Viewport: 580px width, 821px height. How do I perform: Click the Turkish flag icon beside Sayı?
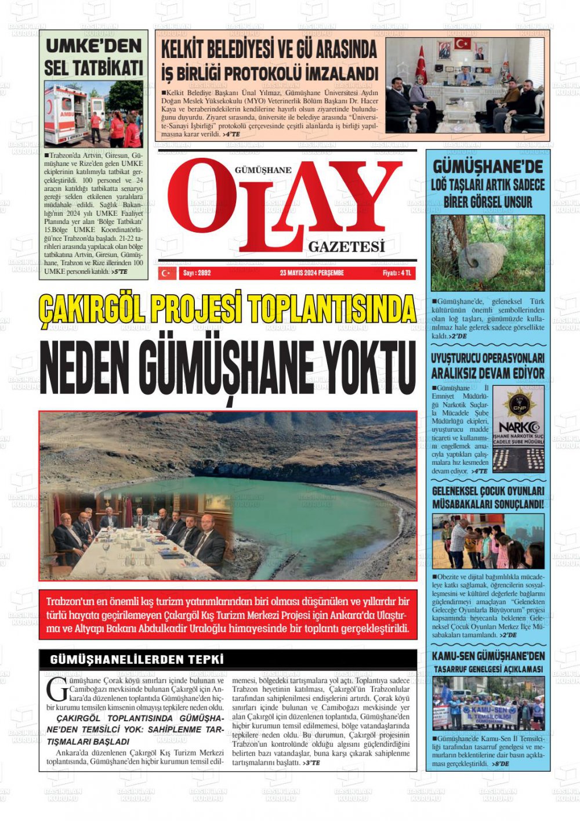pyautogui.click(x=167, y=273)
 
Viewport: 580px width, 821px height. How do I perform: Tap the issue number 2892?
pyautogui.click(x=197, y=273)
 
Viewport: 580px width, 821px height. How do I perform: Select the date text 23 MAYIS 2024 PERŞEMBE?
pyautogui.click(x=311, y=273)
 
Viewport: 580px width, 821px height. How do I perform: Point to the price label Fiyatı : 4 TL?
pyautogui.click(x=397, y=273)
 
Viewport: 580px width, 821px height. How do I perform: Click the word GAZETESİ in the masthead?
pyautogui.click(x=346, y=247)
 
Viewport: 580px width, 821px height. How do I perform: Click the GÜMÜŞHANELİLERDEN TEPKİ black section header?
pyautogui.click(x=137, y=660)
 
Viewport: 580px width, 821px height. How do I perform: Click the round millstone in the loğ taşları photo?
pyautogui.click(x=481, y=262)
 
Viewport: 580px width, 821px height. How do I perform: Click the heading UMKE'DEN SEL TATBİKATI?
pyautogui.click(x=93, y=56)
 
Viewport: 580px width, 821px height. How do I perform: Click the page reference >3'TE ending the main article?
pyautogui.click(x=311, y=762)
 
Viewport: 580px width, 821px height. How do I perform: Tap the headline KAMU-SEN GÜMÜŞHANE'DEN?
pyautogui.click(x=488, y=656)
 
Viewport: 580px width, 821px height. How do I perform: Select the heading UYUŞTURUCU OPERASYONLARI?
pyautogui.click(x=488, y=357)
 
